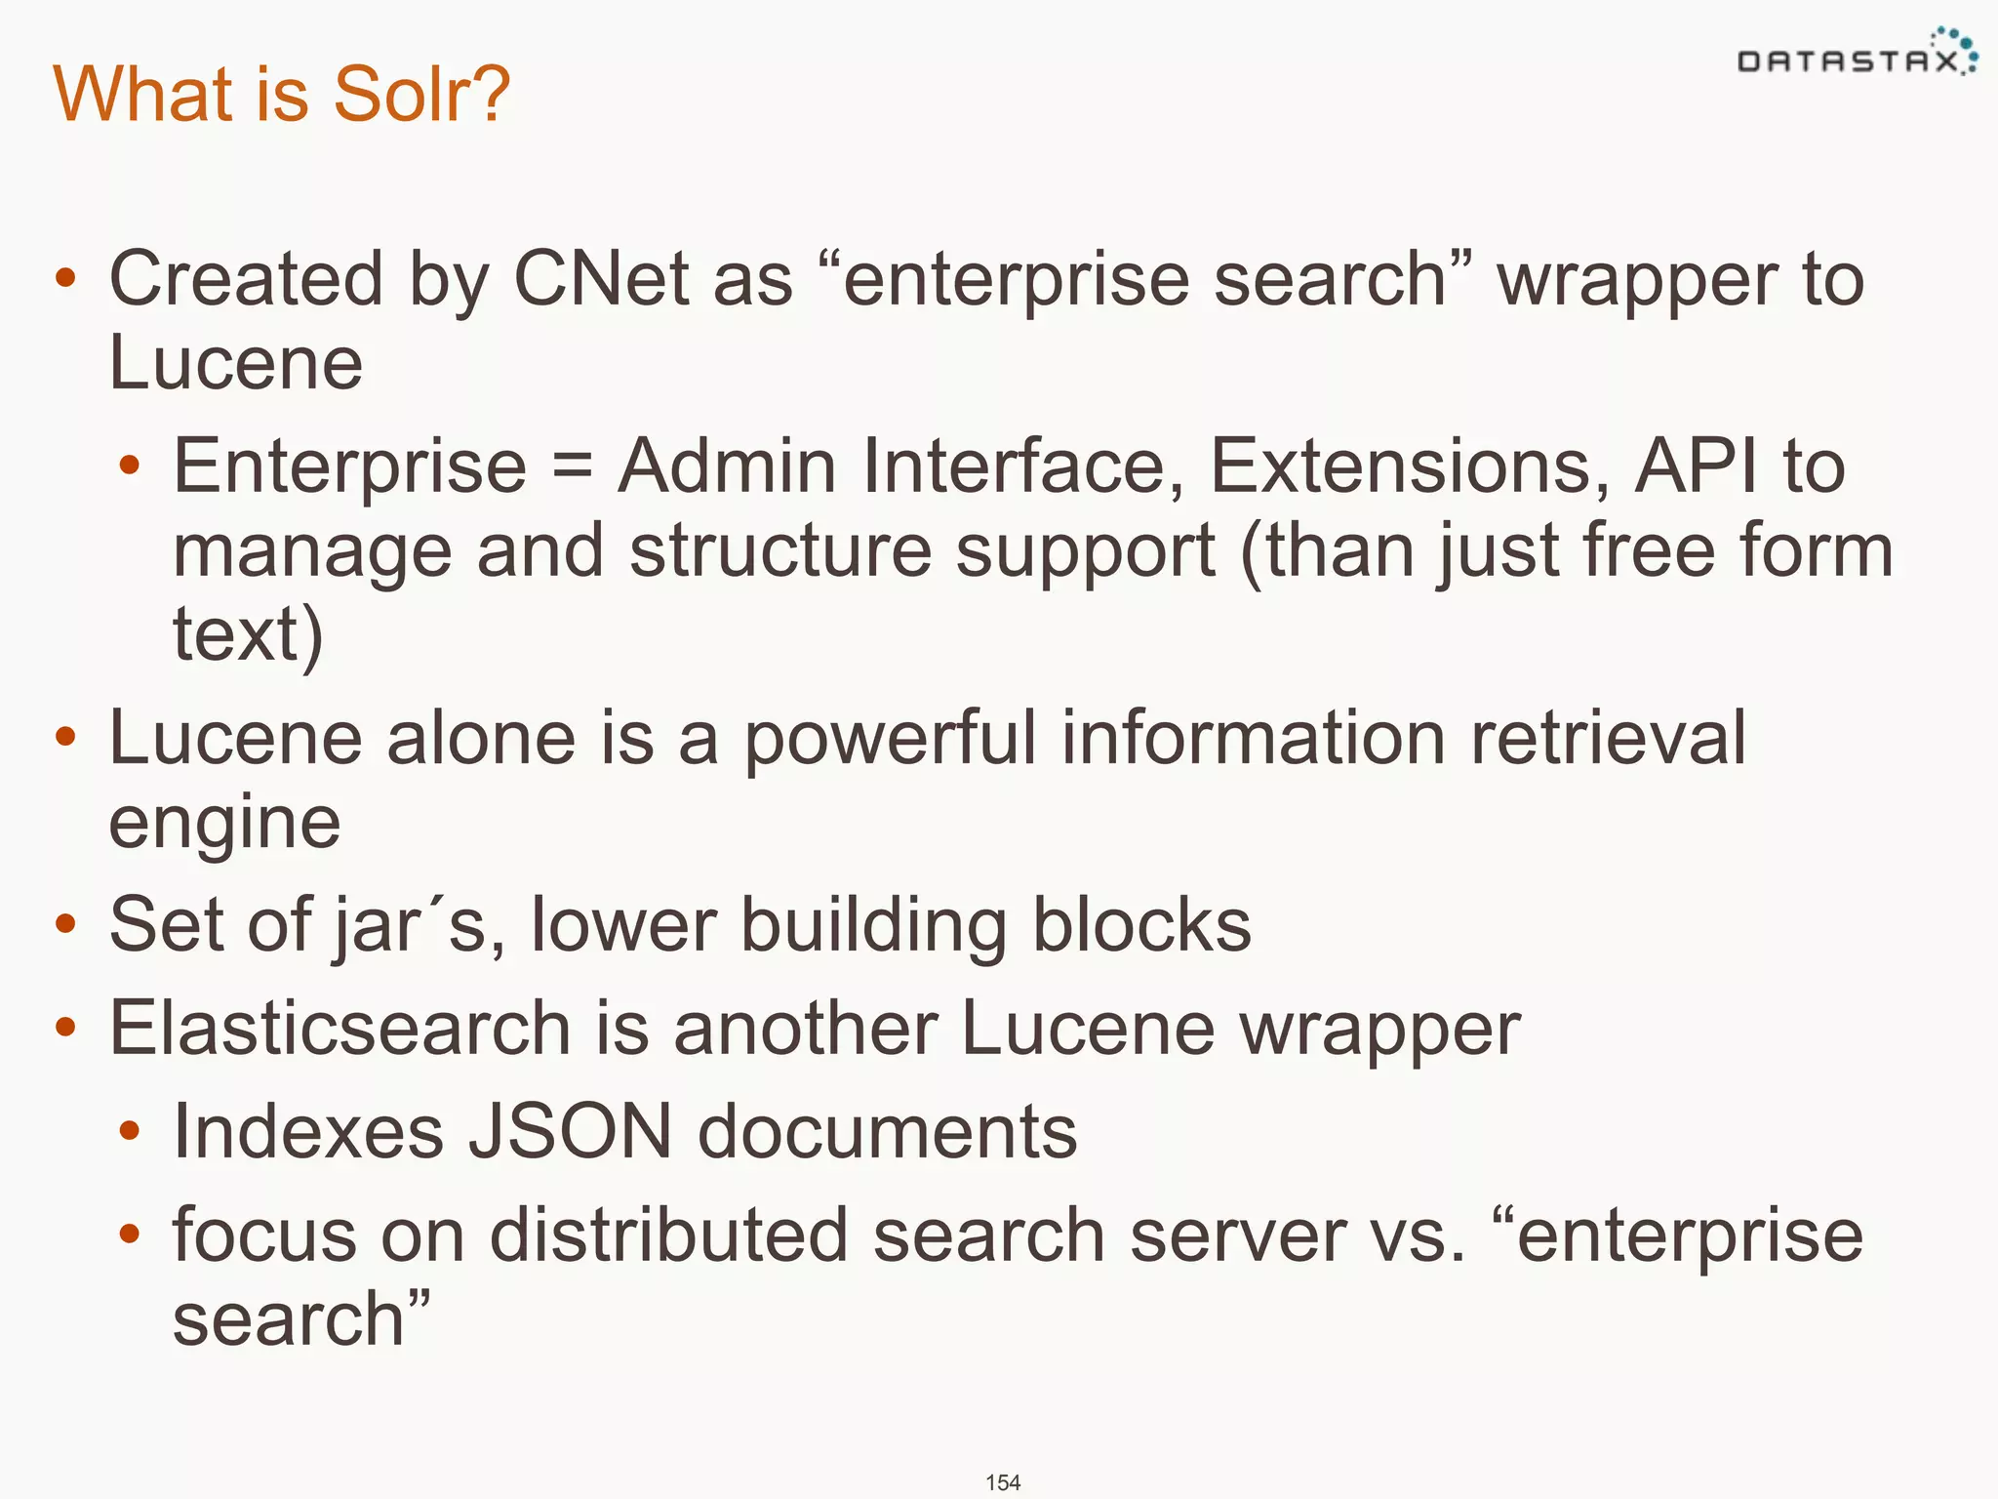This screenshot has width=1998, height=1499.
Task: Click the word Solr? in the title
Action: click(x=420, y=94)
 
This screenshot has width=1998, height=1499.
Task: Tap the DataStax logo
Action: click(x=1857, y=57)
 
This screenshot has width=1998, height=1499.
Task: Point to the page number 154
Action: click(x=1003, y=1482)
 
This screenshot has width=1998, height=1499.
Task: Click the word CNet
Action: click(x=602, y=279)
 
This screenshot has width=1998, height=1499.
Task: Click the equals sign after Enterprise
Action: click(x=572, y=466)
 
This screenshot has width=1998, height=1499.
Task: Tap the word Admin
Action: click(x=727, y=466)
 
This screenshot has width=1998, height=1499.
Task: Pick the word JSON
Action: click(x=571, y=1132)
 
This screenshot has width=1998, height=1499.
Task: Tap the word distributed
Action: click(x=668, y=1236)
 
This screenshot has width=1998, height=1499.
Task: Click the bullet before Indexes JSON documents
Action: click(x=129, y=1132)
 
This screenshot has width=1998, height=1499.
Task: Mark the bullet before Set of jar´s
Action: click(x=65, y=924)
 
